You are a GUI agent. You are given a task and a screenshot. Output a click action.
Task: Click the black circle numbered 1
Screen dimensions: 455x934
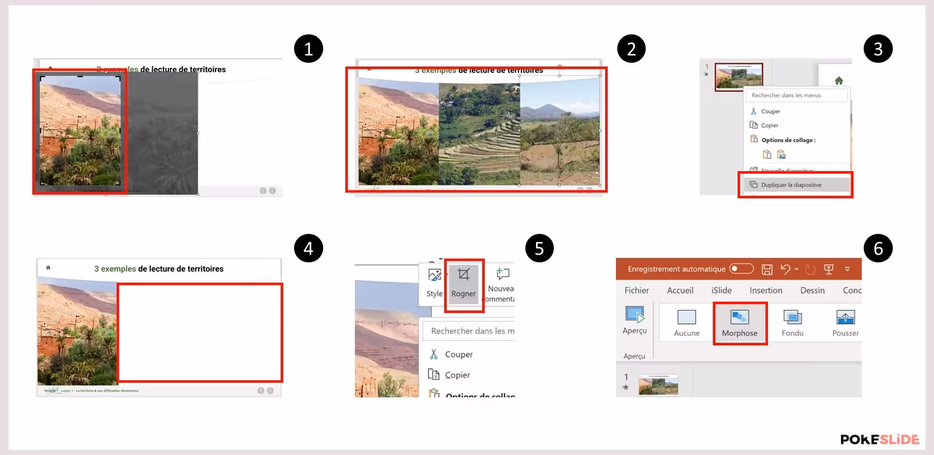(309, 49)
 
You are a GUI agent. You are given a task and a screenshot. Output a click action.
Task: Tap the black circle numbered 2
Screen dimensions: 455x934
(631, 49)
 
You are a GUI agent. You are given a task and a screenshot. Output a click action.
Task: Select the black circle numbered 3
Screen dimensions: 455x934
(878, 49)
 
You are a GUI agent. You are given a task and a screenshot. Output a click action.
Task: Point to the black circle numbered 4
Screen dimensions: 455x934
(309, 248)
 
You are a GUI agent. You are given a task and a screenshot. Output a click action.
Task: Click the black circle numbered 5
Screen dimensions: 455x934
(539, 248)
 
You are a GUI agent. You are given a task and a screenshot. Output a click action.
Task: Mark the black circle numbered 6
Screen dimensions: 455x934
(878, 248)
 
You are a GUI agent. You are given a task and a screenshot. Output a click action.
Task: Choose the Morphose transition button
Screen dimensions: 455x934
(739, 323)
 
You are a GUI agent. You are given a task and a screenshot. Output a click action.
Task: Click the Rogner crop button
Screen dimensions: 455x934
(464, 283)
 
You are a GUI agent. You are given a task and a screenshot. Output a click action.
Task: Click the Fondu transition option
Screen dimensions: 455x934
(793, 323)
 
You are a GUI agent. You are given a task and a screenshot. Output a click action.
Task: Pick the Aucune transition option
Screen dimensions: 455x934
(687, 323)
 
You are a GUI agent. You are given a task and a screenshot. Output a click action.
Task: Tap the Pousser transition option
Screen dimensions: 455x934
(845, 323)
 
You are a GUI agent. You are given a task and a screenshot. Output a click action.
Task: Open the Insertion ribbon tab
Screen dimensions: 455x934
(766, 290)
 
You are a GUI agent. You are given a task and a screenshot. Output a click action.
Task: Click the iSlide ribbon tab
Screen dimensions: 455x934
(721, 290)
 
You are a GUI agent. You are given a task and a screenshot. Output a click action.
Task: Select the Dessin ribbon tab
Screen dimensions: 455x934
(812, 290)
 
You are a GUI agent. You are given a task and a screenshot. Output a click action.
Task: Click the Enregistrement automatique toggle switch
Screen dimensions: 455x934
(741, 269)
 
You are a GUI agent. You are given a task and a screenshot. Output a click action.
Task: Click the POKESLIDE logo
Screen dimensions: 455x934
(879, 439)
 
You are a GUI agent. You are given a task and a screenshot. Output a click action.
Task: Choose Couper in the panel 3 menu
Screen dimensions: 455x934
(771, 112)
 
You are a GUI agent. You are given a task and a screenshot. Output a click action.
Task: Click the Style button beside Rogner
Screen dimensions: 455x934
(435, 283)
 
